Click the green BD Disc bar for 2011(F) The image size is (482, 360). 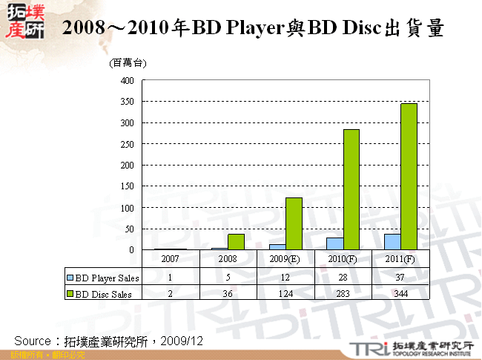coord(409,177)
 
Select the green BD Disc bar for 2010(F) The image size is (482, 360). coord(351,189)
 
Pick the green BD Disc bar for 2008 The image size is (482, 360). coord(237,242)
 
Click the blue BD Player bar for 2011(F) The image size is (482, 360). coord(392,242)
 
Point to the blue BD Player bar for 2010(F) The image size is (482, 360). coord(335,243)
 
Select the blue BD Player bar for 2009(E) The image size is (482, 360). coord(277,247)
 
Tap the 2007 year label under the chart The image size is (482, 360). coord(170,260)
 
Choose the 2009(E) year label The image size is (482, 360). coord(285,260)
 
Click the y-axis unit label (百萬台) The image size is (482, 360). coord(128,64)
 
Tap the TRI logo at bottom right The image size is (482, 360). coord(366,348)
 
